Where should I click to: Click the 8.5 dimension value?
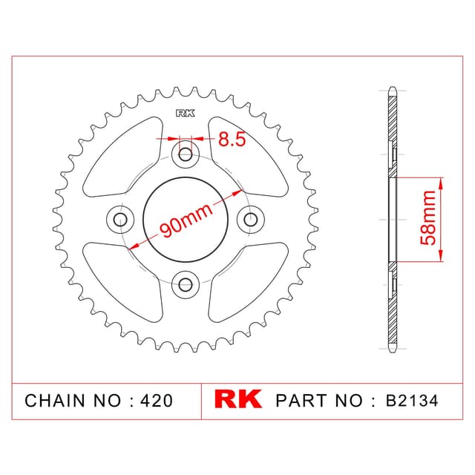tap(232, 140)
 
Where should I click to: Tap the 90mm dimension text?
tap(186, 220)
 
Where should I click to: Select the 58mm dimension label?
tap(428, 217)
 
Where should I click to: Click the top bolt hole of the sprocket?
tap(186, 155)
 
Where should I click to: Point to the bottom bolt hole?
tap(186, 284)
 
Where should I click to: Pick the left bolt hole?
tap(120, 220)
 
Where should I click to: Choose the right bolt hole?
tap(250, 220)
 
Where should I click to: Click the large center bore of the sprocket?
tap(186, 220)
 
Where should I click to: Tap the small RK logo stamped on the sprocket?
tap(186, 114)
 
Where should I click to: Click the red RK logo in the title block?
tap(237, 399)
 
